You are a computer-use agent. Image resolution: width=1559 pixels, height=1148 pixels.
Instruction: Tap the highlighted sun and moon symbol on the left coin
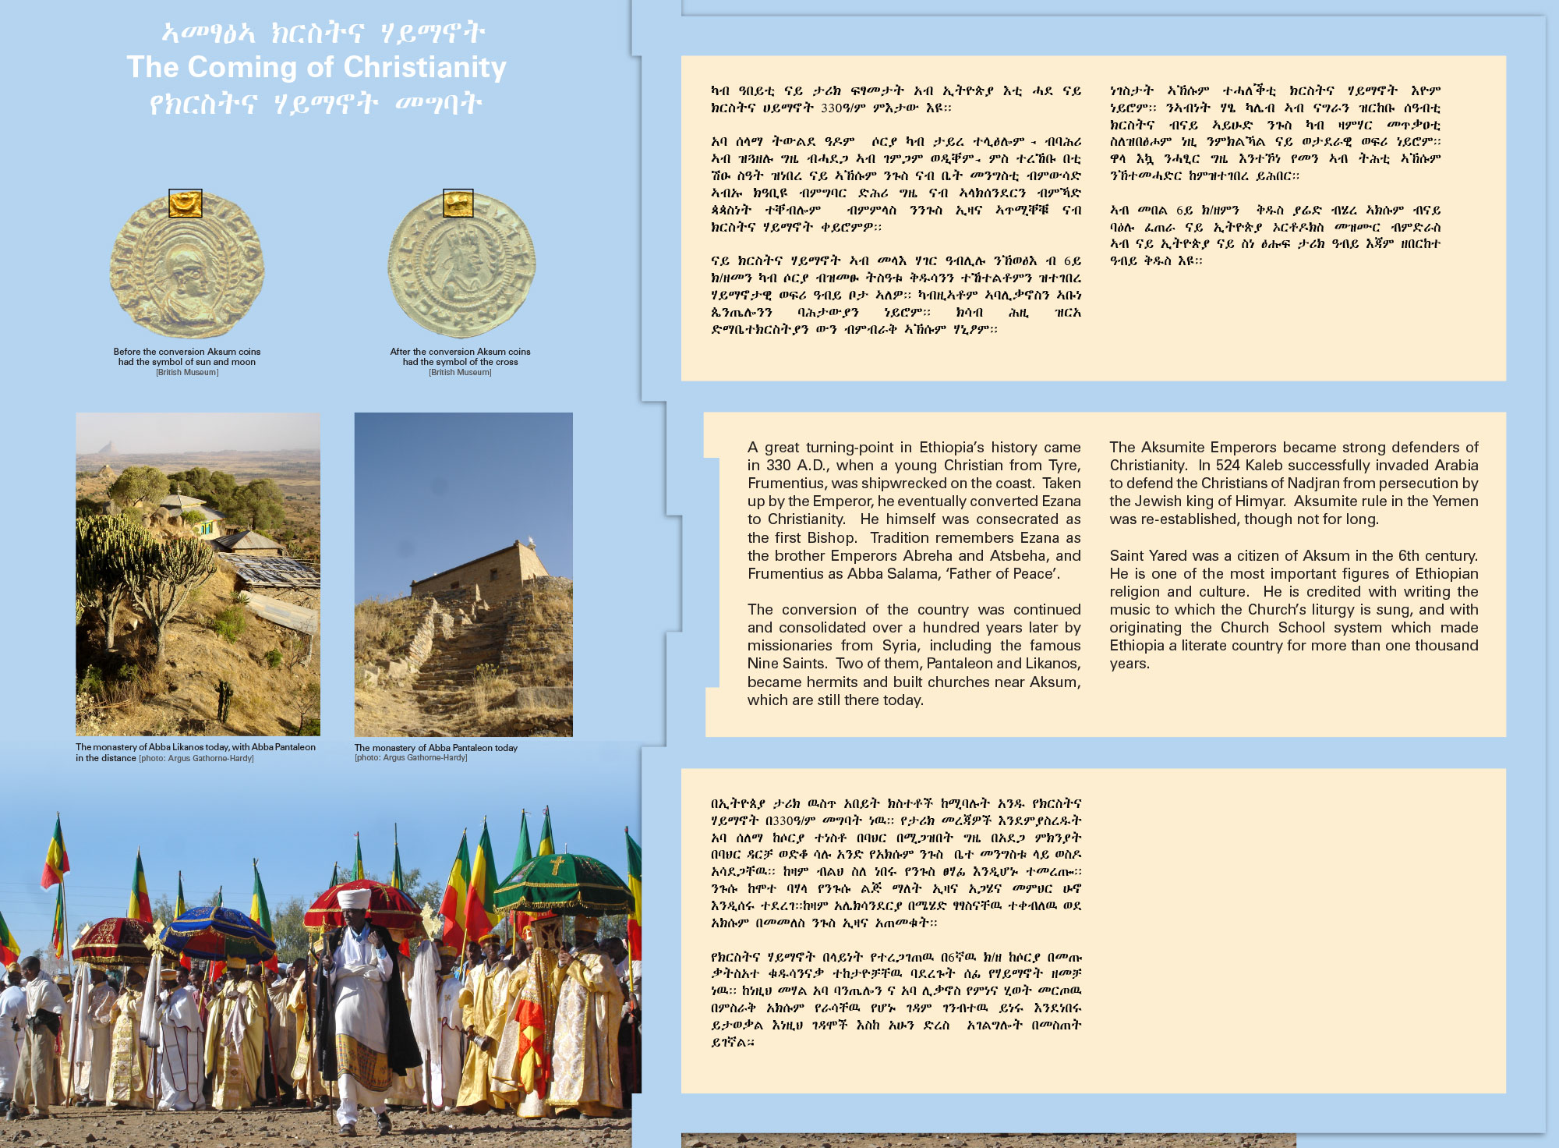186,204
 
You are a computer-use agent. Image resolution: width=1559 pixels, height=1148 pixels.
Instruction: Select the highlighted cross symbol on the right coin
458,203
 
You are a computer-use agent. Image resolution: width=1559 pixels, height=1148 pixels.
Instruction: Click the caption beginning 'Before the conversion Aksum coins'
187,357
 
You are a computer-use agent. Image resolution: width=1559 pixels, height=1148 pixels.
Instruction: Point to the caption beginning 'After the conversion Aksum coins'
460,357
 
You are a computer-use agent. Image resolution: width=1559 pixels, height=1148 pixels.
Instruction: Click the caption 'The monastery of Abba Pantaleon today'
436,748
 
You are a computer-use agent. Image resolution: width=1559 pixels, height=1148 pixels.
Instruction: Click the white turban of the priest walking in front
354,898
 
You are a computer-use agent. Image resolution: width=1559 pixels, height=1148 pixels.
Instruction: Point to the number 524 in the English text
1228,466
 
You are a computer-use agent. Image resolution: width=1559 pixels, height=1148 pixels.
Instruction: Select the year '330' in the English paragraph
778,466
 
